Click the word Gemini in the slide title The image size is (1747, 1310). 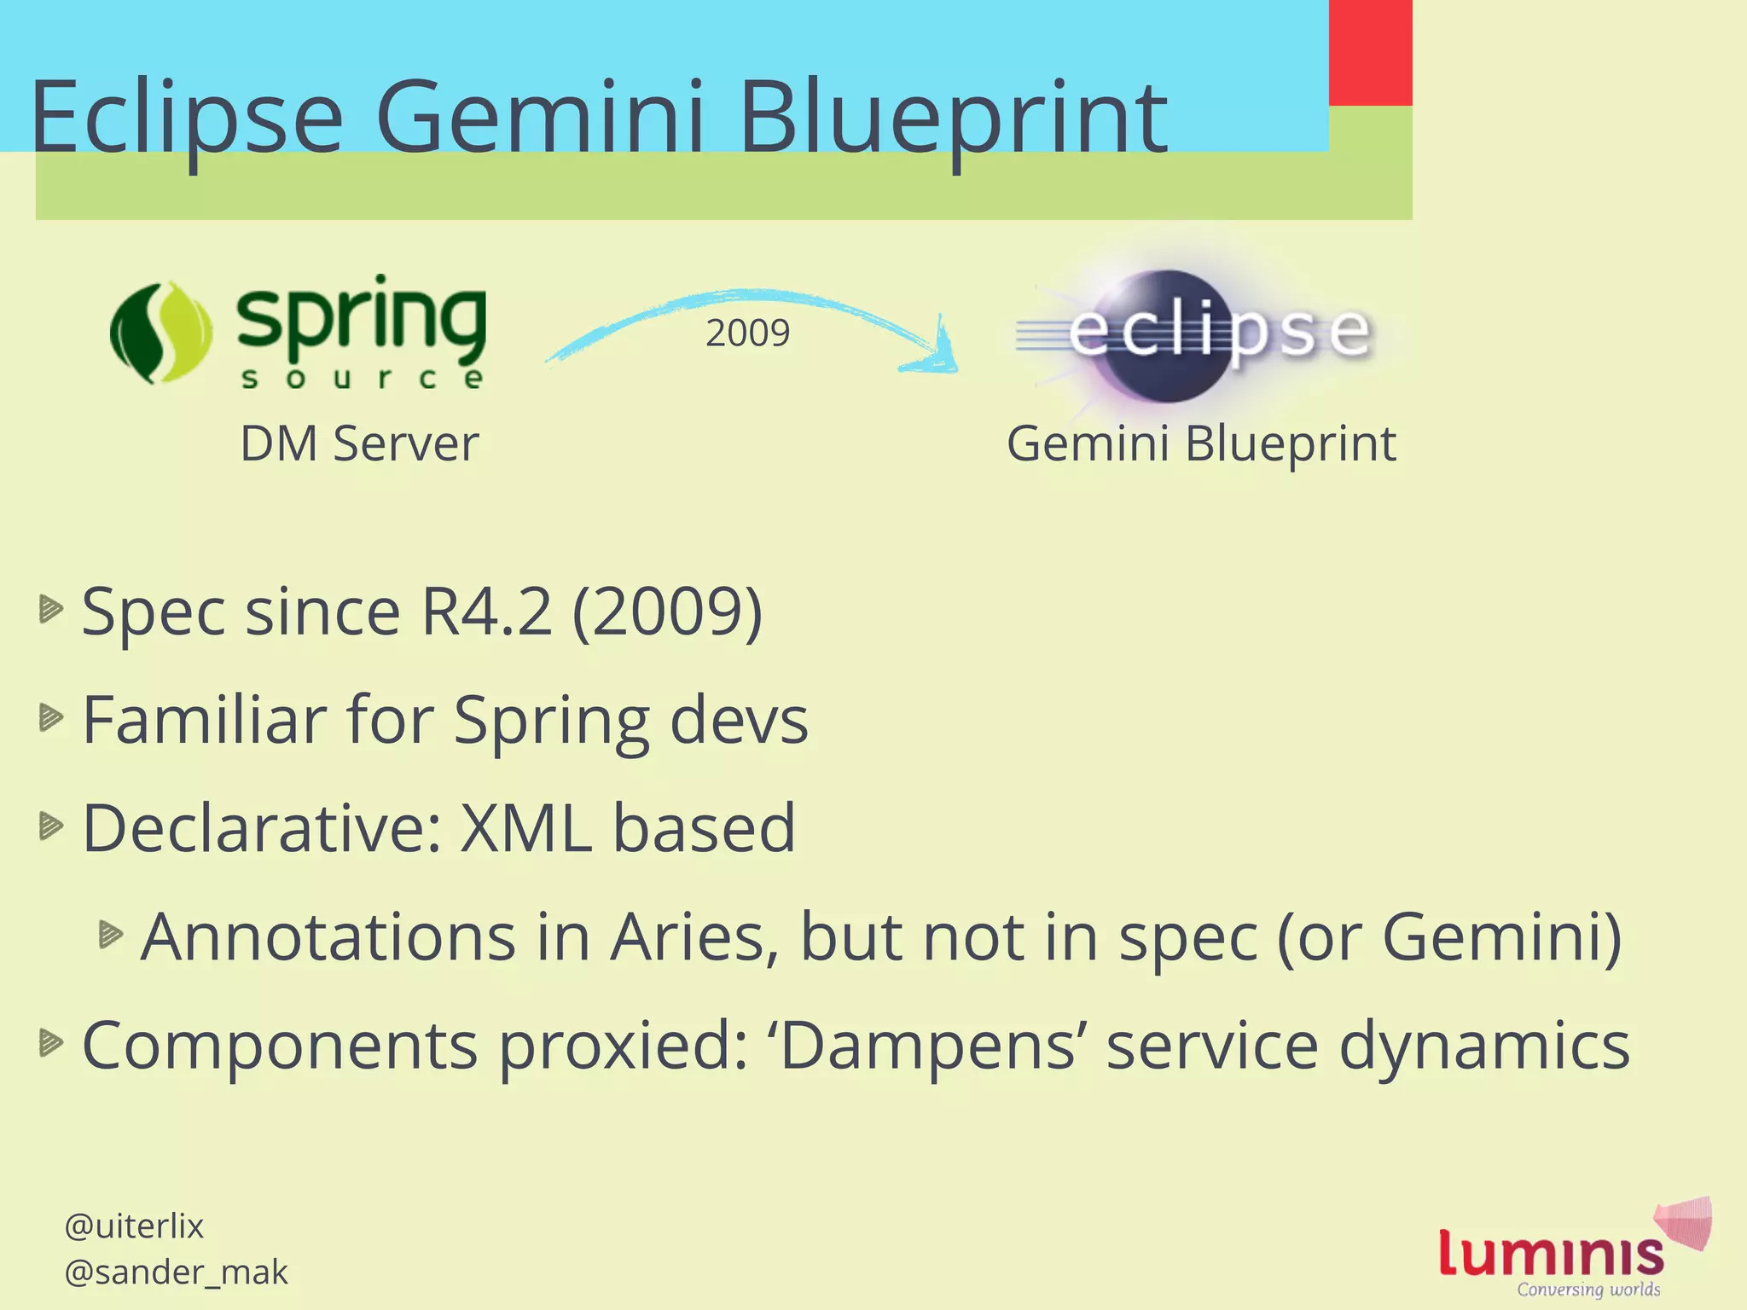tap(539, 117)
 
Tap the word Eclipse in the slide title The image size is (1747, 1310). tap(186, 117)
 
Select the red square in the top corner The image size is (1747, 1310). tap(1370, 51)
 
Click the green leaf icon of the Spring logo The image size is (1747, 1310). tap(161, 333)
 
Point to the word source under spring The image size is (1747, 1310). tap(363, 378)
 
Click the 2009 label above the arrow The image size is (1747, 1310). tap(747, 333)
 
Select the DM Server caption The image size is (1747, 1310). tap(359, 443)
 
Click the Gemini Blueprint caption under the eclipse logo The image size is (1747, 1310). tap(1201, 443)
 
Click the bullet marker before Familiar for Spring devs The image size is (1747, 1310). tap(50, 718)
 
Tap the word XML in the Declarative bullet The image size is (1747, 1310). tap(525, 828)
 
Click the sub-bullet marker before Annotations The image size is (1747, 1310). tap(110, 935)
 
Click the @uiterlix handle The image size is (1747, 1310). tap(134, 1226)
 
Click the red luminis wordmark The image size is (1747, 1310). tap(1551, 1254)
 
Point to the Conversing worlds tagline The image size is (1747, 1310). tap(1588, 1290)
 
